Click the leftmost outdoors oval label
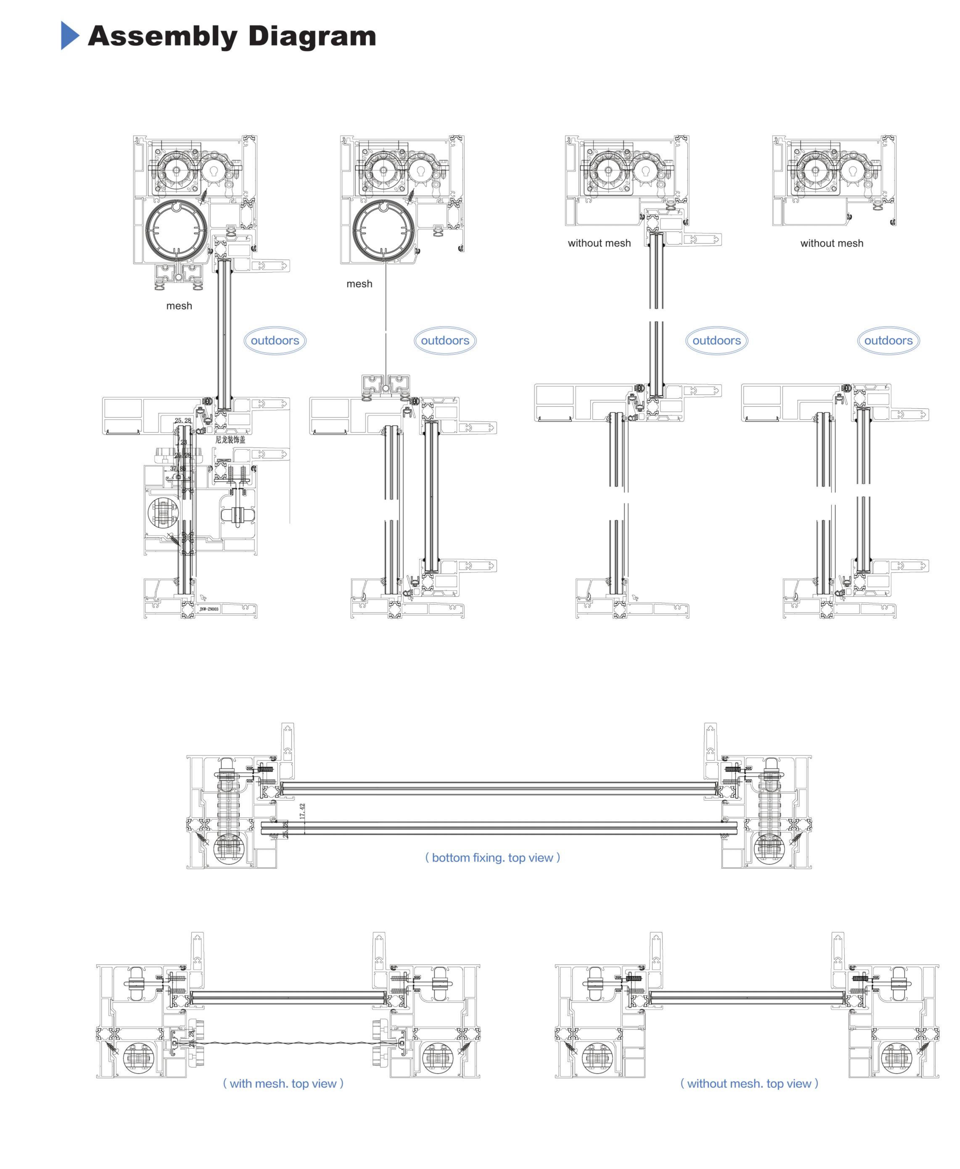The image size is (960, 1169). [x=275, y=340]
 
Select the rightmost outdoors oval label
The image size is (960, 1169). [x=888, y=340]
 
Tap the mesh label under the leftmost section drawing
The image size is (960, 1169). [x=179, y=306]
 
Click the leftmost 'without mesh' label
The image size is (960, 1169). [x=599, y=243]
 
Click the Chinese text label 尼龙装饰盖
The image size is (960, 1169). [x=230, y=439]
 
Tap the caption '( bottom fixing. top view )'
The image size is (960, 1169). [x=492, y=857]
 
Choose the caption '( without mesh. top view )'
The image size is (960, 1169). [x=749, y=1083]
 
